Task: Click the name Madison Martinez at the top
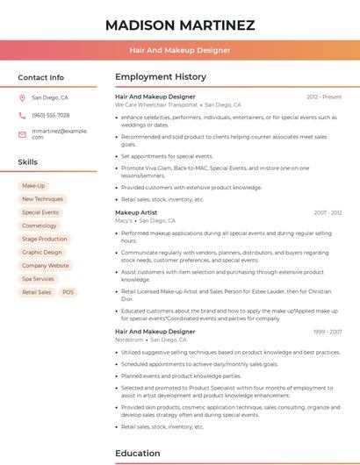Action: [180, 25]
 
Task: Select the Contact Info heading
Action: [41, 77]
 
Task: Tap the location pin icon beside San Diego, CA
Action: [22, 98]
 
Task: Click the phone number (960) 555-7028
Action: [51, 115]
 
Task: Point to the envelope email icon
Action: [22, 133]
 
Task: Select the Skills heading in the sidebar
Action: [28, 162]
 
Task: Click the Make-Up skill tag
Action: [33, 186]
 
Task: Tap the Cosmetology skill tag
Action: [40, 225]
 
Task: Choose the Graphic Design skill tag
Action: [42, 252]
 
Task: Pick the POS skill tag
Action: [68, 292]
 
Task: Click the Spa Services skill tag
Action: [39, 279]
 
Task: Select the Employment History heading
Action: [161, 77]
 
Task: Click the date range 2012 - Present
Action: [324, 97]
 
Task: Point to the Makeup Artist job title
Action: [136, 212]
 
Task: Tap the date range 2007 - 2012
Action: [328, 212]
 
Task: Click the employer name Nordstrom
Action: [129, 340]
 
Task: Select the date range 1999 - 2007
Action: [328, 332]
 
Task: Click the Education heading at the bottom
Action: [137, 454]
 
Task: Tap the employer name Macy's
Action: [124, 221]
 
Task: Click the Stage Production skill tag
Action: [45, 239]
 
